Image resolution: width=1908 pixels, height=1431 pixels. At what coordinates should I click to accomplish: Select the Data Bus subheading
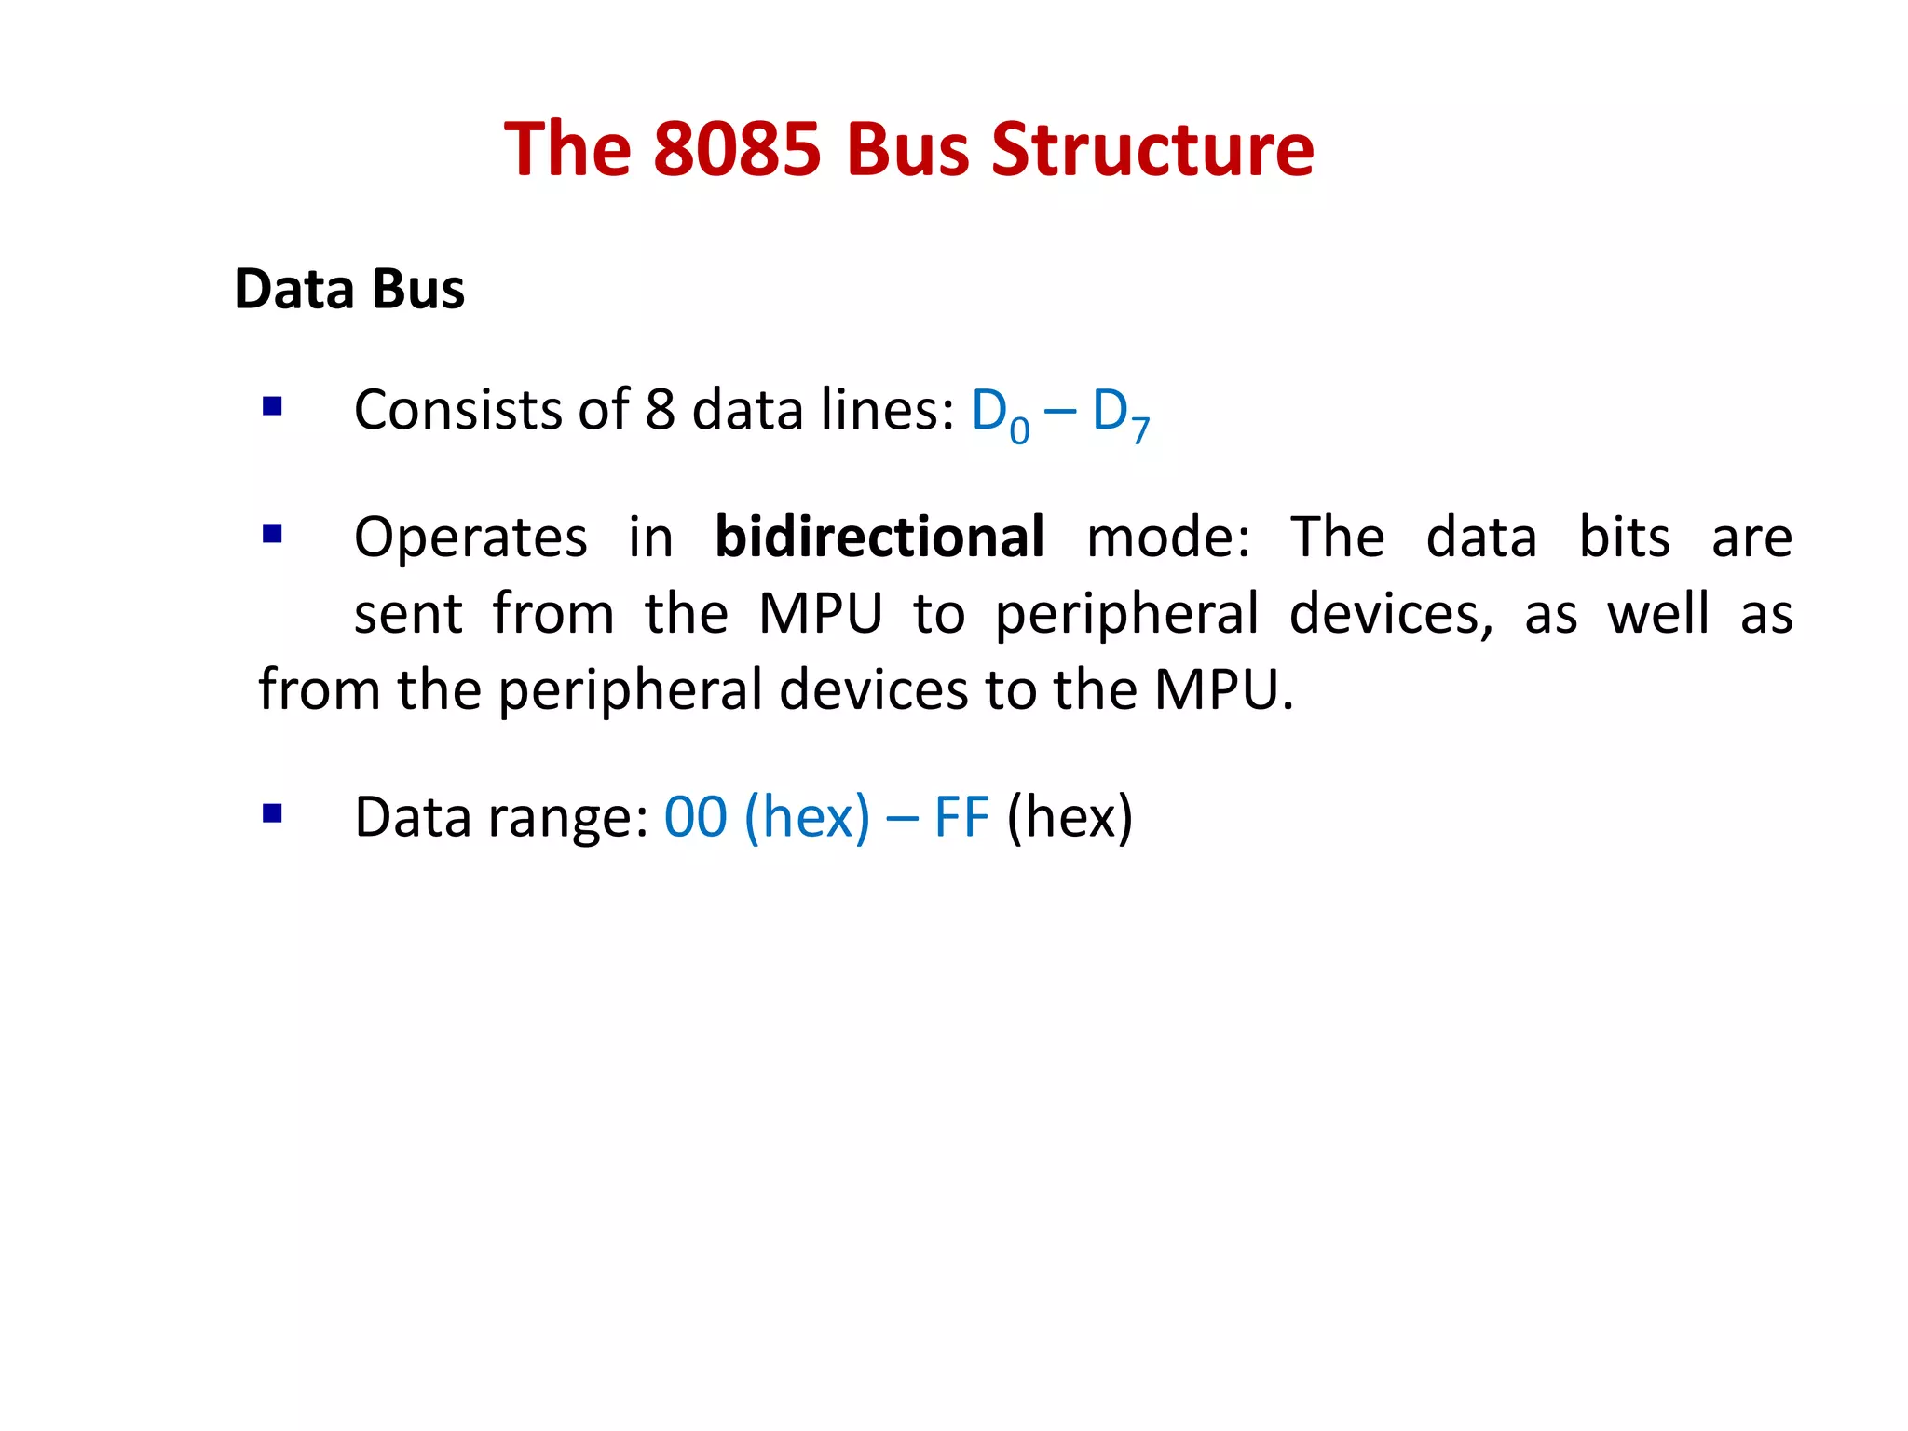[349, 289]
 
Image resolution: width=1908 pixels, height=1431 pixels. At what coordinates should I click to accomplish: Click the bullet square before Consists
[272, 406]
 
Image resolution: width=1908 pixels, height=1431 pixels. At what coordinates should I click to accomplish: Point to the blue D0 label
[1000, 414]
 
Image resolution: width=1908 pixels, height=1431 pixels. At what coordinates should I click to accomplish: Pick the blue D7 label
[1121, 414]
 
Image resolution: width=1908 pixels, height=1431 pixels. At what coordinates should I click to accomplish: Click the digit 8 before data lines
[660, 410]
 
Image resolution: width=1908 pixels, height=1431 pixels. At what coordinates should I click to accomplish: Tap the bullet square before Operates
[272, 534]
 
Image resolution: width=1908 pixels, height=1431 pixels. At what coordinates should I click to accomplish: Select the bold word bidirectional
[879, 538]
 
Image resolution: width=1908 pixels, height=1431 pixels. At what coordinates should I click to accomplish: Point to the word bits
[1625, 538]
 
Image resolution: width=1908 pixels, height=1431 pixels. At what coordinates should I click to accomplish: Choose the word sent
[408, 614]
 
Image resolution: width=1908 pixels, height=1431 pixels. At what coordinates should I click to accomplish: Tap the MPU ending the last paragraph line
[1223, 690]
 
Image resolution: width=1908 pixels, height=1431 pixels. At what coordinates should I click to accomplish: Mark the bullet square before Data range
[272, 814]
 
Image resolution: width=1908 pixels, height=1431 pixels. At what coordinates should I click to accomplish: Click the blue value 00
[695, 817]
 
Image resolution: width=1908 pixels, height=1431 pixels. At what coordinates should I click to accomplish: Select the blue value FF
[961, 817]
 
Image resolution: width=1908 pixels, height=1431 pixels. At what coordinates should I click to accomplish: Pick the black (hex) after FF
[1070, 818]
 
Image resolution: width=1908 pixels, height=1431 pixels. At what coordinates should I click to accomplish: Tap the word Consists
[457, 410]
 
